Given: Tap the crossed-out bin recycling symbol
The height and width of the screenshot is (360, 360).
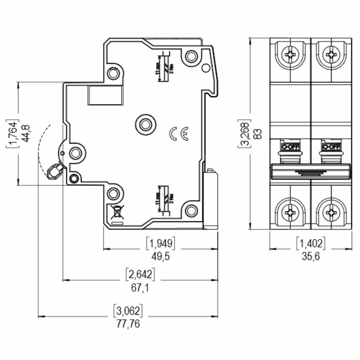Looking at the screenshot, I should (x=117, y=212).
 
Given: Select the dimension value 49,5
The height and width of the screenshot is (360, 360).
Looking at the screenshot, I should (x=161, y=256).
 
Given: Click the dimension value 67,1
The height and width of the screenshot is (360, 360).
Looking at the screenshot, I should (x=140, y=288).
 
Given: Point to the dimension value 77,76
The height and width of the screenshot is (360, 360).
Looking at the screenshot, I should (x=128, y=324).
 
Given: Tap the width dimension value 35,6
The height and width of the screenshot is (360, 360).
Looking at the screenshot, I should (x=310, y=256).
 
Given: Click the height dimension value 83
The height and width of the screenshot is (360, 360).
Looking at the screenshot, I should (x=257, y=134).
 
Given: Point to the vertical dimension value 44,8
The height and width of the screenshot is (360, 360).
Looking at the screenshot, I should (x=26, y=134).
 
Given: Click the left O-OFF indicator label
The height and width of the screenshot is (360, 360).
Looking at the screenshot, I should (x=291, y=147).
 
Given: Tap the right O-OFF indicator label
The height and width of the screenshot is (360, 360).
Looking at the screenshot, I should (x=331, y=147).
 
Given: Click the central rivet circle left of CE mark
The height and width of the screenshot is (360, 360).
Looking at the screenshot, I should (x=146, y=124).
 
